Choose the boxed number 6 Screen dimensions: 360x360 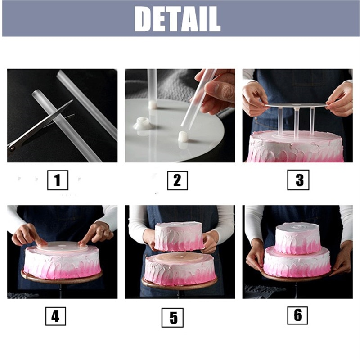pos(297,315)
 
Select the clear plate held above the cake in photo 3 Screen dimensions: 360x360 pos(295,105)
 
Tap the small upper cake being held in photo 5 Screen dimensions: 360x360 pos(179,236)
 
